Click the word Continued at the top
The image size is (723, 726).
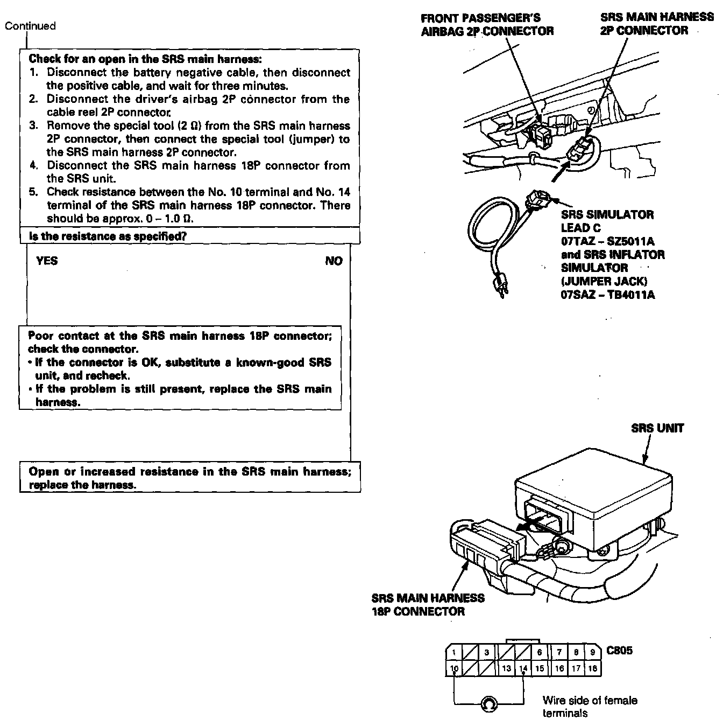pyautogui.click(x=30, y=26)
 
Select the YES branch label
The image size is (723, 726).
pyautogui.click(x=47, y=261)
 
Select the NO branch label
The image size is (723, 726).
pyautogui.click(x=334, y=261)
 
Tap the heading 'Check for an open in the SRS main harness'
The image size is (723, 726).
pyautogui.click(x=145, y=59)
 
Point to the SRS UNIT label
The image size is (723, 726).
pyautogui.click(x=657, y=429)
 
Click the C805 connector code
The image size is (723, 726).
pyautogui.click(x=619, y=650)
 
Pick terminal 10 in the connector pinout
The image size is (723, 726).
pyautogui.click(x=454, y=669)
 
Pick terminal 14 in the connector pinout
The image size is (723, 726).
pyautogui.click(x=523, y=669)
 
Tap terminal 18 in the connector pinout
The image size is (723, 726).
pyautogui.click(x=592, y=669)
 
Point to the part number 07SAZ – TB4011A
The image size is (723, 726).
pyautogui.click(x=608, y=295)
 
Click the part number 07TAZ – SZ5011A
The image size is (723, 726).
pyautogui.click(x=608, y=241)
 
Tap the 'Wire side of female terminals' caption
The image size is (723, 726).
pyautogui.click(x=590, y=707)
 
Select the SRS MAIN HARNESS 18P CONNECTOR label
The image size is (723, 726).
pyautogui.click(x=428, y=604)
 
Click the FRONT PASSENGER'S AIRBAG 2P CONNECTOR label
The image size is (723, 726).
pyautogui.click(x=487, y=25)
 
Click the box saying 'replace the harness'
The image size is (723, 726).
pyautogui.click(x=190, y=478)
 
